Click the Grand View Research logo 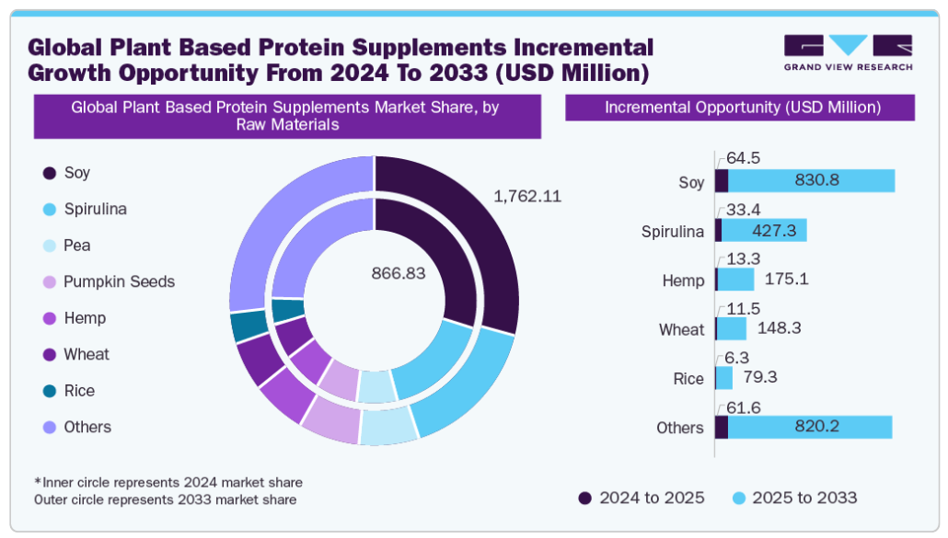tap(848, 52)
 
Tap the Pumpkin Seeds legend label tap(119, 281)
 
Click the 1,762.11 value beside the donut tap(527, 196)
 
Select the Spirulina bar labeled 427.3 tap(764, 230)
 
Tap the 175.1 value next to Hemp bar tap(787, 279)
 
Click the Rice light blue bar tap(724, 378)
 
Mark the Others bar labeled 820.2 tap(810, 427)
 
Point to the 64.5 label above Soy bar tap(743, 158)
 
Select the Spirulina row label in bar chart tap(672, 231)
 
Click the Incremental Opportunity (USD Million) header tap(742, 108)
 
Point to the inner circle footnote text tap(168, 482)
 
